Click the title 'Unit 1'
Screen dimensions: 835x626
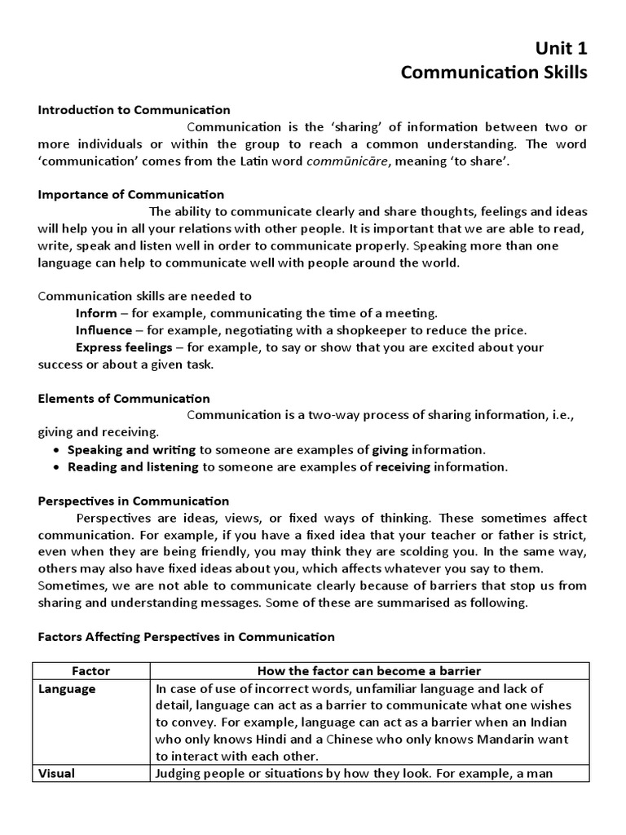[x=561, y=49]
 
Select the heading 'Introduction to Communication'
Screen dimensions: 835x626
[x=134, y=110]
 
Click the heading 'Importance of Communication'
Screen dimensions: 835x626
[x=131, y=195]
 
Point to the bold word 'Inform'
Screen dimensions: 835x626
[x=96, y=313]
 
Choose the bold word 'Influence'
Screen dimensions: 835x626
[x=104, y=330]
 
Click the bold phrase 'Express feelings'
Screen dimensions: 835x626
[x=124, y=347]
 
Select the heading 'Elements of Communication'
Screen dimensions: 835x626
[x=124, y=399]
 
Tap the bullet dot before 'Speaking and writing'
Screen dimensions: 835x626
[x=55, y=450]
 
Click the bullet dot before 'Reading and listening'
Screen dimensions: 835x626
[x=55, y=467]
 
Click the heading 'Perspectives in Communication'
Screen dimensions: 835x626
[x=134, y=501]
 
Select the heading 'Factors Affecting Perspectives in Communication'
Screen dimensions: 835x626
[x=187, y=637]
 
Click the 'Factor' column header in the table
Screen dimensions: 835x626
[x=90, y=671]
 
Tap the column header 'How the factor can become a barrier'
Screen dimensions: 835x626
[x=369, y=671]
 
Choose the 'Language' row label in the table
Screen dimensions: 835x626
[x=68, y=689]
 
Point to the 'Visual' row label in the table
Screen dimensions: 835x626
[x=57, y=773]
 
